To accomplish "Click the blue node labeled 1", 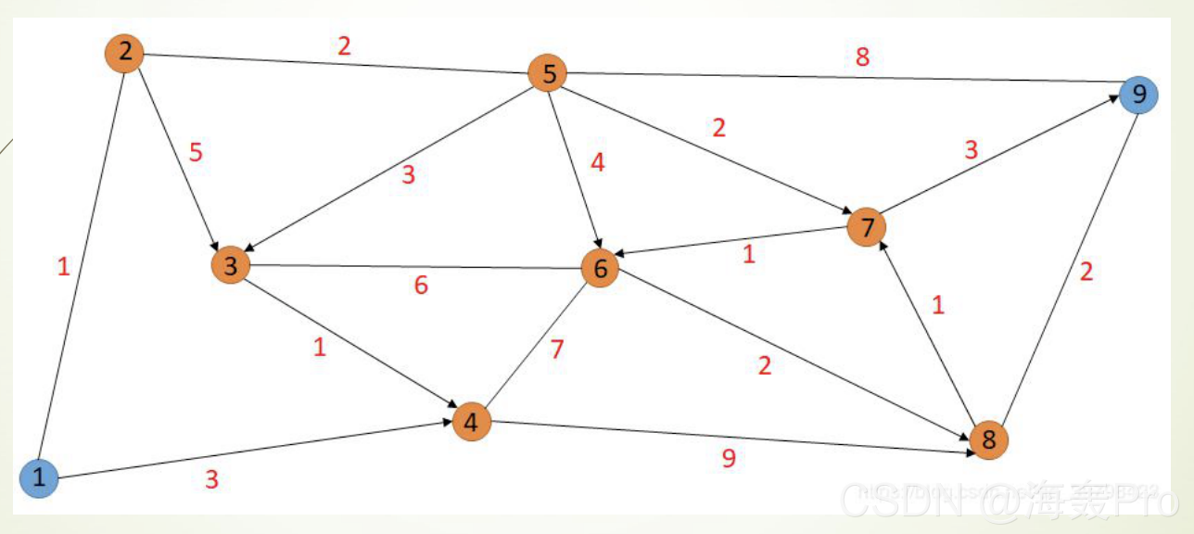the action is click(x=39, y=478).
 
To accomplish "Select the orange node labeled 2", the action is click(x=124, y=53).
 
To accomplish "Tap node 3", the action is click(x=231, y=266).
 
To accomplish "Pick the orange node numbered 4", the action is click(x=471, y=423).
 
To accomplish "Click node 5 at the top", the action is click(x=548, y=73).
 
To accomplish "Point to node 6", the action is click(x=600, y=269).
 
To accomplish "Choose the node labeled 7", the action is click(x=866, y=227).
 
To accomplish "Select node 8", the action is click(x=988, y=439).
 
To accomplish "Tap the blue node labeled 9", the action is click(x=1138, y=95).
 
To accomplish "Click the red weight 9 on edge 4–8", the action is click(x=729, y=459).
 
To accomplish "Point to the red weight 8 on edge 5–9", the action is click(x=862, y=57).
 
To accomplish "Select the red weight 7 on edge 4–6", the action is click(x=556, y=350).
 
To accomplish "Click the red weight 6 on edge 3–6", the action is click(x=421, y=286).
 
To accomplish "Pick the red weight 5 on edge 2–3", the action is click(x=196, y=152).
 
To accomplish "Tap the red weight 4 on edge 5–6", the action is click(x=597, y=162).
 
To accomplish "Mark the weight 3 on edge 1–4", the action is click(x=211, y=480).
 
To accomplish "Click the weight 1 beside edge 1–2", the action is click(x=63, y=268).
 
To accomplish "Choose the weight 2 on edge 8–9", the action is click(x=1086, y=272).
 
